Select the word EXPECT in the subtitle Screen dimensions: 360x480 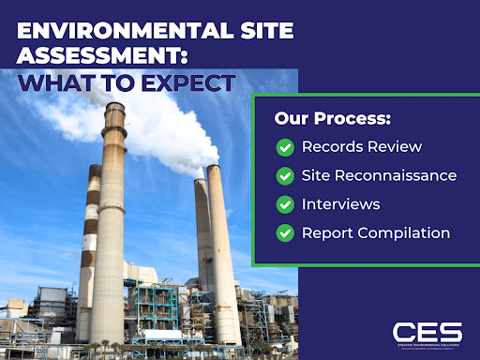point(187,82)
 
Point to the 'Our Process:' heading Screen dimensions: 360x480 point(332,120)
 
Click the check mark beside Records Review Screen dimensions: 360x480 point(285,147)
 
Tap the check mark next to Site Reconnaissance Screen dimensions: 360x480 point(285,175)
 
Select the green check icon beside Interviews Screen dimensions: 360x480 point(285,203)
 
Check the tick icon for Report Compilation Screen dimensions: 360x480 point(285,232)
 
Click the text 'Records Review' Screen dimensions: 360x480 point(361,147)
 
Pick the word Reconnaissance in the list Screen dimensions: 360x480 point(412,175)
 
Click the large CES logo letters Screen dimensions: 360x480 point(427,331)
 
